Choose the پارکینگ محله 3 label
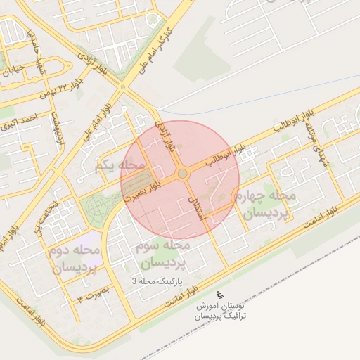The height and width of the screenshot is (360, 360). [156, 281]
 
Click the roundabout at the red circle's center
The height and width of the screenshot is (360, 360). [182, 173]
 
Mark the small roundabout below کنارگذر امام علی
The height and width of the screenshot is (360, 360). [123, 87]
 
